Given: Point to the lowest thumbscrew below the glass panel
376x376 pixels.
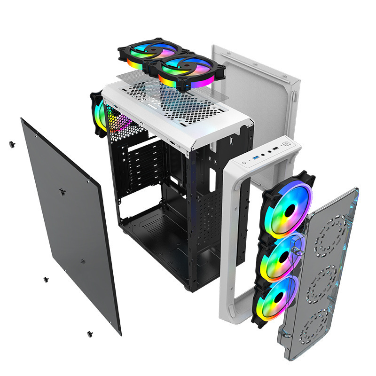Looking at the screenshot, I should (89, 334).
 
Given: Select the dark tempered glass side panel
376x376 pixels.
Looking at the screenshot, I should (70, 226).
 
